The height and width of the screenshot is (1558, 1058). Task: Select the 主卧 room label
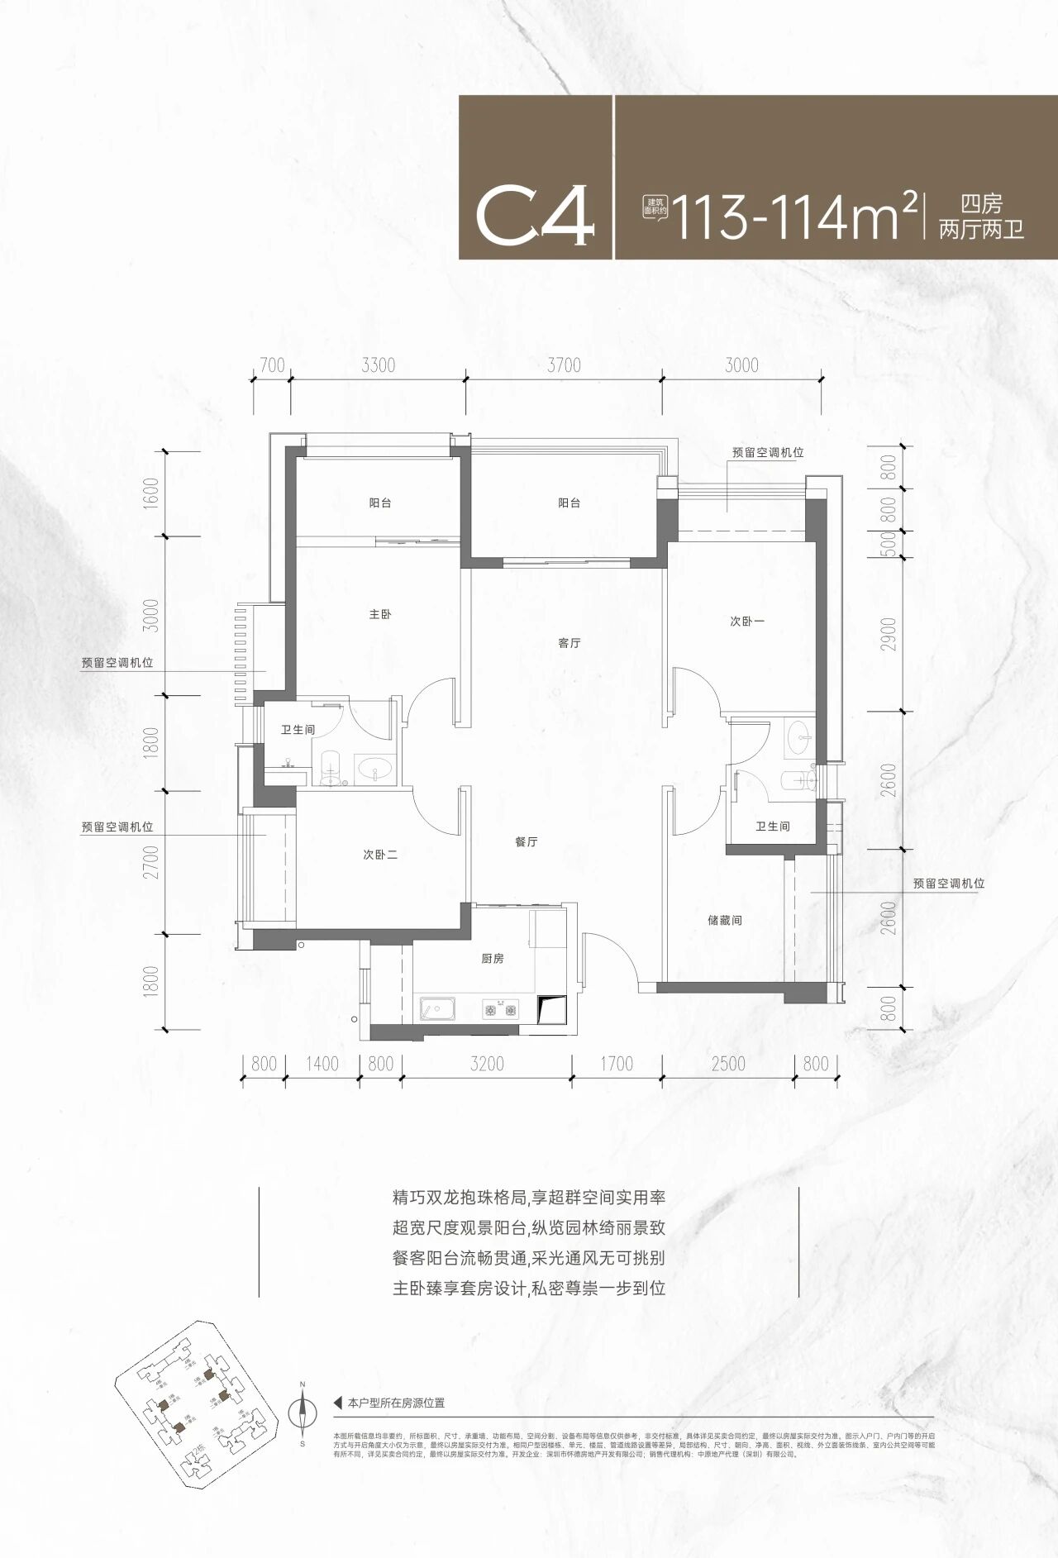tap(380, 615)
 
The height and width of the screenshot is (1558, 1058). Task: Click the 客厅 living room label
tap(570, 643)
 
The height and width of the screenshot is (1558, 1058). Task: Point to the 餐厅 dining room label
tap(527, 842)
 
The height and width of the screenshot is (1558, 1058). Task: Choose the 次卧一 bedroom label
tap(747, 622)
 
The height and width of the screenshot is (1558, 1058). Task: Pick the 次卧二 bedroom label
tap(380, 855)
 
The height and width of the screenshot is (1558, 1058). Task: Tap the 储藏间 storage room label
tap(725, 920)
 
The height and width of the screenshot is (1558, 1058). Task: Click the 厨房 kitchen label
tap(493, 959)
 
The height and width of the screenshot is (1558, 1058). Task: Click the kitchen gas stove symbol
tap(500, 1010)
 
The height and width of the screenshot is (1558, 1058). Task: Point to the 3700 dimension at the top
tap(564, 365)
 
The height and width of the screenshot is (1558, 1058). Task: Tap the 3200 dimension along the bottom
tap(487, 1064)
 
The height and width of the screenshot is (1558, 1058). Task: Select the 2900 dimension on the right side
tap(889, 634)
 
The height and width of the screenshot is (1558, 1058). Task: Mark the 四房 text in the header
tap(981, 203)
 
